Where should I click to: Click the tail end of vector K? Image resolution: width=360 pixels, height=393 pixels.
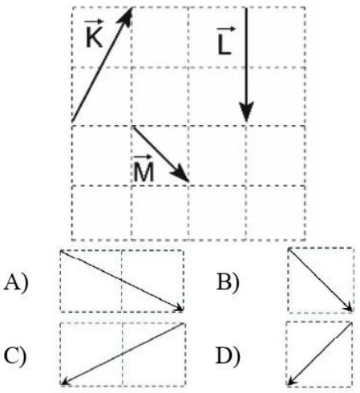coord(72,121)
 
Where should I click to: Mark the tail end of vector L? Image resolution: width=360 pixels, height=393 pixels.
coord(246,8)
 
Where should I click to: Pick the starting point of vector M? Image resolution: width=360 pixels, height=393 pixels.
coord(134,128)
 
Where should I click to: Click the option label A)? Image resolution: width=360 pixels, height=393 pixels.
coord(16,282)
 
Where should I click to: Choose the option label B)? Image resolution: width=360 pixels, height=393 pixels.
coord(228,282)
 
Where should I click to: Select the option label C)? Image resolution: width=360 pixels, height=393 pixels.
coord(15,356)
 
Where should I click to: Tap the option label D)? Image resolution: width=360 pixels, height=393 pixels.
coord(228,356)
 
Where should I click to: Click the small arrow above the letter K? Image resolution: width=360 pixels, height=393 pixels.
coord(94,21)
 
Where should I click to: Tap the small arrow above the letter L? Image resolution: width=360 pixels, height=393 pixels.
coord(226,29)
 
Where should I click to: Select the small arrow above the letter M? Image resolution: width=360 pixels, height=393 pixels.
coord(143,156)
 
